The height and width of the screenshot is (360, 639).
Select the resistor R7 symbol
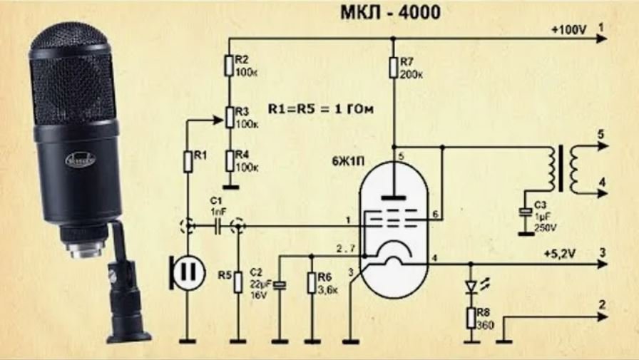[393, 67]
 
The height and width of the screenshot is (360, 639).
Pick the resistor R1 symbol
[188, 161]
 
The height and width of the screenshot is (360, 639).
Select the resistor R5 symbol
[237, 282]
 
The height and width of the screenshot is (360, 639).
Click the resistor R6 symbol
[312, 282]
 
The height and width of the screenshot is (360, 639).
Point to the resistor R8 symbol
[470, 318]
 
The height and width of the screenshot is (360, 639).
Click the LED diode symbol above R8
[470, 286]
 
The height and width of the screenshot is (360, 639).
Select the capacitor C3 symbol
[526, 212]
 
